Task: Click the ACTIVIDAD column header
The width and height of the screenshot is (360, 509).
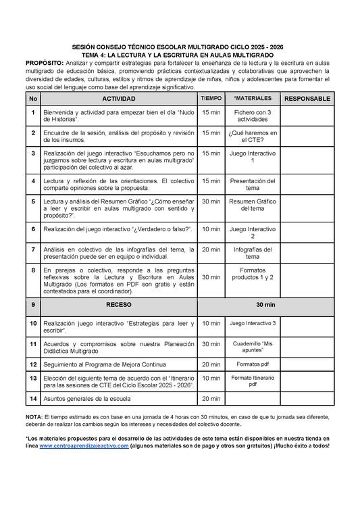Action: [118, 99]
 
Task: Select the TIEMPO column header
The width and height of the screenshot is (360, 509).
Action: [211, 99]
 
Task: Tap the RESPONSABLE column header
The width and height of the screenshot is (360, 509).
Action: [307, 99]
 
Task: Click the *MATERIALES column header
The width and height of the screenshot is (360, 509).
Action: [253, 99]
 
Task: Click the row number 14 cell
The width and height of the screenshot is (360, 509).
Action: [33, 399]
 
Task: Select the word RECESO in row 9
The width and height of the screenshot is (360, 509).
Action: [118, 304]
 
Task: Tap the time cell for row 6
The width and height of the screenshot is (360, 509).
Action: [211, 230]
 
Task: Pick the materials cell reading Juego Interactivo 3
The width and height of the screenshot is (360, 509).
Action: [253, 324]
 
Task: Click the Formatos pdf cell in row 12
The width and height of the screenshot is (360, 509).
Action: [253, 364]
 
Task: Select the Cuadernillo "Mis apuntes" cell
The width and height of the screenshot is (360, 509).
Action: [253, 347]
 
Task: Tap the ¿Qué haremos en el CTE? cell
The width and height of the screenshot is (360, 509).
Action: [253, 137]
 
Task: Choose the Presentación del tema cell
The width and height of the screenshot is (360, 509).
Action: [253, 185]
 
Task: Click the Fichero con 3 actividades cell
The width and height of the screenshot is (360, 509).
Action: [253, 115]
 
